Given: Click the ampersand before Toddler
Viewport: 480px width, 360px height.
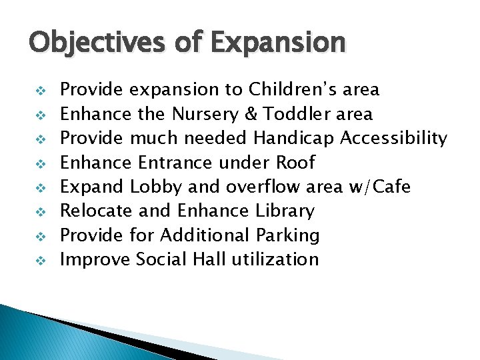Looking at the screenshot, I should tap(251, 114).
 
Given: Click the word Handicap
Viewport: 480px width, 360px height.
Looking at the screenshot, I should tap(294, 138).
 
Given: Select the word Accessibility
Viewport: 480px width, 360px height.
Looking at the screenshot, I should tap(394, 138).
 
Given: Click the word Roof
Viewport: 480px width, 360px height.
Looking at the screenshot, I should tap(293, 162).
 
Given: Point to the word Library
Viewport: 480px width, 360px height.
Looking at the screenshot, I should tap(285, 211).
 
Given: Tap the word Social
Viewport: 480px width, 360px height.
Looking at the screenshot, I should tap(161, 259).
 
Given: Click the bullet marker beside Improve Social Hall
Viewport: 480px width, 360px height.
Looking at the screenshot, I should tap(38, 260).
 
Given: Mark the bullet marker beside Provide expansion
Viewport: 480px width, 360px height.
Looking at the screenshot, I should tap(38, 90).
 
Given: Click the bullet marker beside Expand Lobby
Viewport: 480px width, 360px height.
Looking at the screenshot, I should tap(38, 187).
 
